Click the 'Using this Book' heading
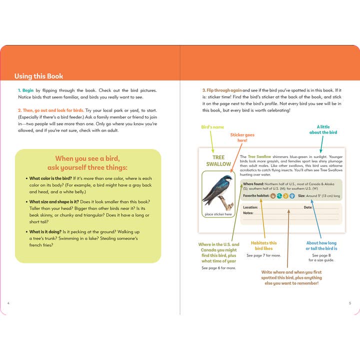pyautogui.click(x=38, y=76)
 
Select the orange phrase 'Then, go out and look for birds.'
pyautogui.click(x=50, y=109)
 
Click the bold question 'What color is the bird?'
pyautogui.click(x=50, y=178)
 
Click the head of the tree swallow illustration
pyautogui.click(x=228, y=178)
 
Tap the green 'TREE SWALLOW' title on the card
pyautogui.click(x=218, y=160)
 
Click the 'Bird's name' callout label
pyautogui.click(x=212, y=127)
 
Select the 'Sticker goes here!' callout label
pyautogui.click(x=242, y=137)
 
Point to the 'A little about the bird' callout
pyautogui.click(x=323, y=130)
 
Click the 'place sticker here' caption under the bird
pyautogui.click(x=218, y=214)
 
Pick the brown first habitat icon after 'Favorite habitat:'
pyautogui.click(x=273, y=196)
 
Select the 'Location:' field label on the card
pyautogui.click(x=250, y=207)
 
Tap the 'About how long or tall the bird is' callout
pyautogui.click(x=321, y=245)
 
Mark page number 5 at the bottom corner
pyautogui.click(x=350, y=303)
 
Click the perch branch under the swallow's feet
pyautogui.click(x=229, y=202)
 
